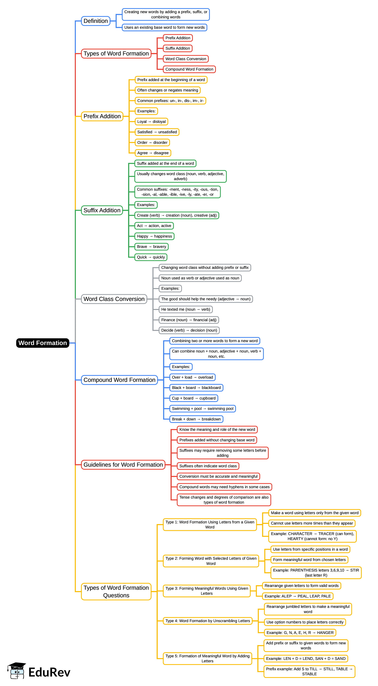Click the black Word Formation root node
point(43,343)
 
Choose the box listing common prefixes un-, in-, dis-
point(170,101)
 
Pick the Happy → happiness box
point(154,236)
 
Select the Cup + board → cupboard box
point(194,398)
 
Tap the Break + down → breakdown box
point(196,419)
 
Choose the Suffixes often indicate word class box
point(208,466)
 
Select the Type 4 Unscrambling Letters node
point(207,621)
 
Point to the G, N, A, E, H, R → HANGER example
point(300,632)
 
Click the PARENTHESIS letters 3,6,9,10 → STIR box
point(316,573)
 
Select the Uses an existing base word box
point(164,27)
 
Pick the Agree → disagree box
point(153,153)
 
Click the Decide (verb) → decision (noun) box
point(189,330)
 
